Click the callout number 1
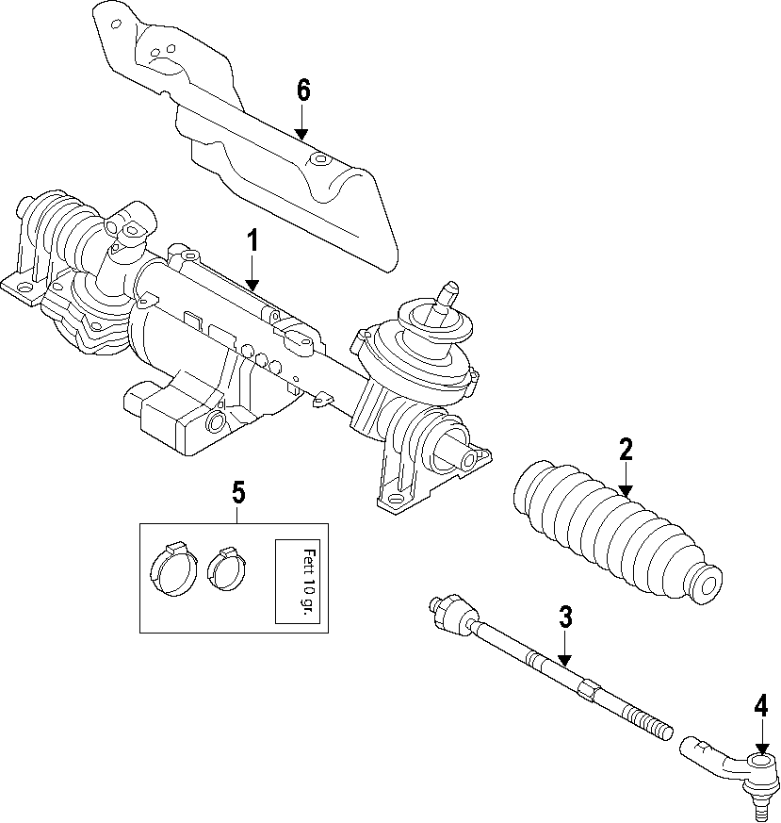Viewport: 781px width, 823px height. click(x=252, y=241)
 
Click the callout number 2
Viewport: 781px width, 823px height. click(x=625, y=450)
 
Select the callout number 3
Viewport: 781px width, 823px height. click(x=564, y=618)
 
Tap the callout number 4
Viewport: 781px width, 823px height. click(x=760, y=706)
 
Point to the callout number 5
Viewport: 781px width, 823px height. click(x=237, y=491)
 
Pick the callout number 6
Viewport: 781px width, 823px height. click(x=302, y=91)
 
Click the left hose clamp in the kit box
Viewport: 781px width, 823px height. click(x=172, y=569)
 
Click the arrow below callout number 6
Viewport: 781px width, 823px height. click(x=302, y=126)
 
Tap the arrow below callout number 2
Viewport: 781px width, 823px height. click(x=625, y=481)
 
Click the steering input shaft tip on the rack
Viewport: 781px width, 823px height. click(x=450, y=288)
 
